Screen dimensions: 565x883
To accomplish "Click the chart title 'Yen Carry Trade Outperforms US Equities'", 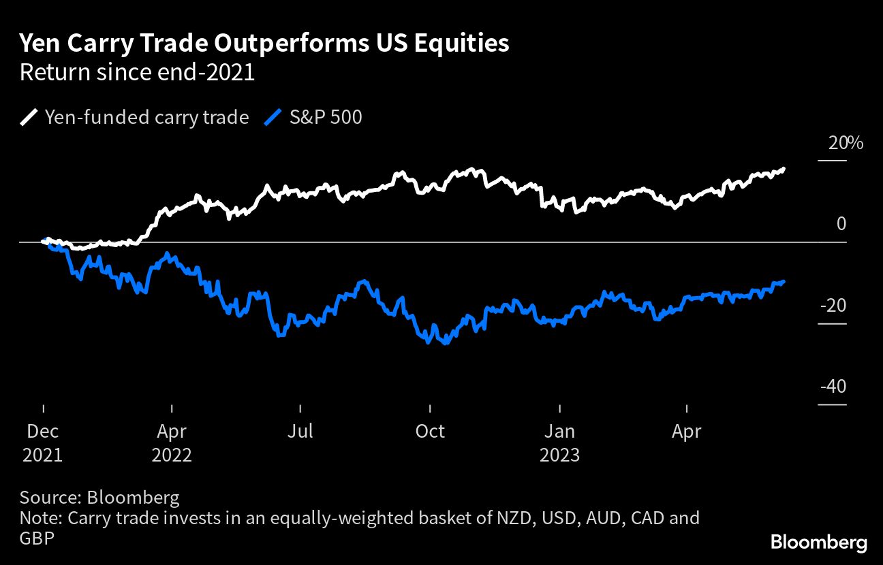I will coord(264,44).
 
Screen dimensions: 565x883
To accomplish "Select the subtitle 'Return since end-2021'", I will coord(137,72).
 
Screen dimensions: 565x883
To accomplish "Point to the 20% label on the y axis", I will coord(846,144).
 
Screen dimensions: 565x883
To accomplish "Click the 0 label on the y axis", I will coord(841,224).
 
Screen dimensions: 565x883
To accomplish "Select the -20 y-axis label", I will coord(833,306).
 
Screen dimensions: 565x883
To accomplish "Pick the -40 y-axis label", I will coord(833,387).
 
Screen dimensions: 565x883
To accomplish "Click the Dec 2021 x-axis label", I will coord(42,442).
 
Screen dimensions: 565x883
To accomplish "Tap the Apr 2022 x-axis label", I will coord(172,442).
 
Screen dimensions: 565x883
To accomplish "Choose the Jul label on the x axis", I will coord(300,431).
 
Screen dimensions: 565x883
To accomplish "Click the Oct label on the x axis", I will coord(429,431).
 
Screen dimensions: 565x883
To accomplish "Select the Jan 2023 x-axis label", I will coord(559,442).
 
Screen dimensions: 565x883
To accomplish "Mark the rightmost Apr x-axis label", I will coord(687,431).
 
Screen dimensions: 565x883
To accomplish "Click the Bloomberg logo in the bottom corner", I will coord(819,543).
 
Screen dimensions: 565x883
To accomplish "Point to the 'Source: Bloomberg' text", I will coord(99,497).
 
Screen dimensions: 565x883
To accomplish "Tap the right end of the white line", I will coord(784,168).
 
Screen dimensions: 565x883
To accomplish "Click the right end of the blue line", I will coord(784,281).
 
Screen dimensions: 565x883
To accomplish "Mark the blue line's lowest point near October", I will coord(445,343).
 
